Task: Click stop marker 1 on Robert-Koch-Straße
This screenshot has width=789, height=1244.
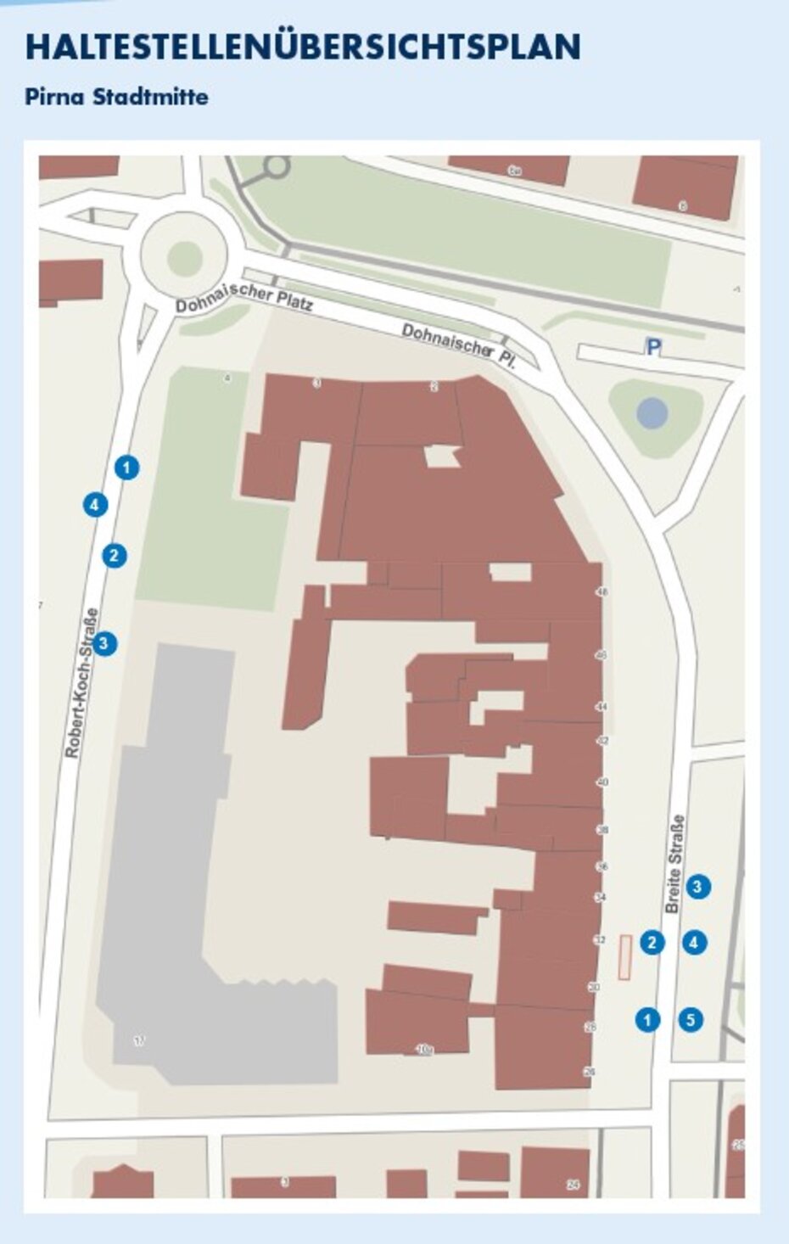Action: tap(127, 467)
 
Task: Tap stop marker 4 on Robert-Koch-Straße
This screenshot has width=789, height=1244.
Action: tap(95, 505)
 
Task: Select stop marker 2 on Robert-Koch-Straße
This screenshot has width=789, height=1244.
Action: tap(115, 556)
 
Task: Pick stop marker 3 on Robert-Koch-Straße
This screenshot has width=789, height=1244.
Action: tap(104, 643)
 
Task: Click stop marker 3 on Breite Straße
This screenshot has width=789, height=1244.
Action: tap(697, 887)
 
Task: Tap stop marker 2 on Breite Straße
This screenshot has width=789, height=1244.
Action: tap(652, 942)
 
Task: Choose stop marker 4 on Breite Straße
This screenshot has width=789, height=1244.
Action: tap(695, 942)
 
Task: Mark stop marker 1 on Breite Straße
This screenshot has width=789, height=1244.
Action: tap(647, 1019)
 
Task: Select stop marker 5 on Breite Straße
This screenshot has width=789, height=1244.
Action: tap(691, 1019)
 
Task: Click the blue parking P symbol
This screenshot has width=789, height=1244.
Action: tap(652, 346)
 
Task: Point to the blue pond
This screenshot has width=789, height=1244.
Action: tap(652, 414)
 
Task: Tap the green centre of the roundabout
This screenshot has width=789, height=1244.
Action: tap(184, 257)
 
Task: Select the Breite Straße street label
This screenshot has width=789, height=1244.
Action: tap(675, 864)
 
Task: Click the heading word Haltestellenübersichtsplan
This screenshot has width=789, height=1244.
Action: tap(303, 48)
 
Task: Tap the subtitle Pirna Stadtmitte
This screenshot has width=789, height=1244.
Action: tap(116, 97)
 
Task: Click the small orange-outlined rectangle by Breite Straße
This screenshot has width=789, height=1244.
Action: tap(625, 957)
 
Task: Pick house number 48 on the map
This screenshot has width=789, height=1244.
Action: tap(602, 592)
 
